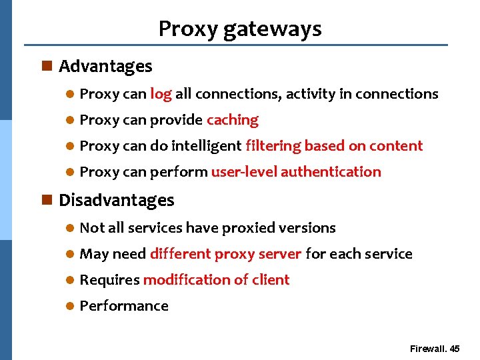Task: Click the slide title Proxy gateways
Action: pyautogui.click(x=240, y=29)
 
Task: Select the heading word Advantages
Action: pyautogui.click(x=105, y=67)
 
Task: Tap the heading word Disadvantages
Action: pyautogui.click(x=117, y=201)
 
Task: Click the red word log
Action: pyautogui.click(x=161, y=94)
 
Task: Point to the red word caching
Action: pyautogui.click(x=233, y=120)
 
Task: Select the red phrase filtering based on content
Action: pyautogui.click(x=334, y=146)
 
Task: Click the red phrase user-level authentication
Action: pyautogui.click(x=296, y=172)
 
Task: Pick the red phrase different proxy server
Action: pyautogui.click(x=226, y=254)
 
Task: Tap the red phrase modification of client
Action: pyautogui.click(x=216, y=280)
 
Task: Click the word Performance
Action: pyautogui.click(x=124, y=306)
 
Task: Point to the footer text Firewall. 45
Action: pyautogui.click(x=435, y=349)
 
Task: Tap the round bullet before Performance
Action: pyautogui.click(x=70, y=307)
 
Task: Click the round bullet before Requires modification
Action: pyautogui.click(x=70, y=281)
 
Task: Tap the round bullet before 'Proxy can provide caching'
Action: pyautogui.click(x=70, y=121)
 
